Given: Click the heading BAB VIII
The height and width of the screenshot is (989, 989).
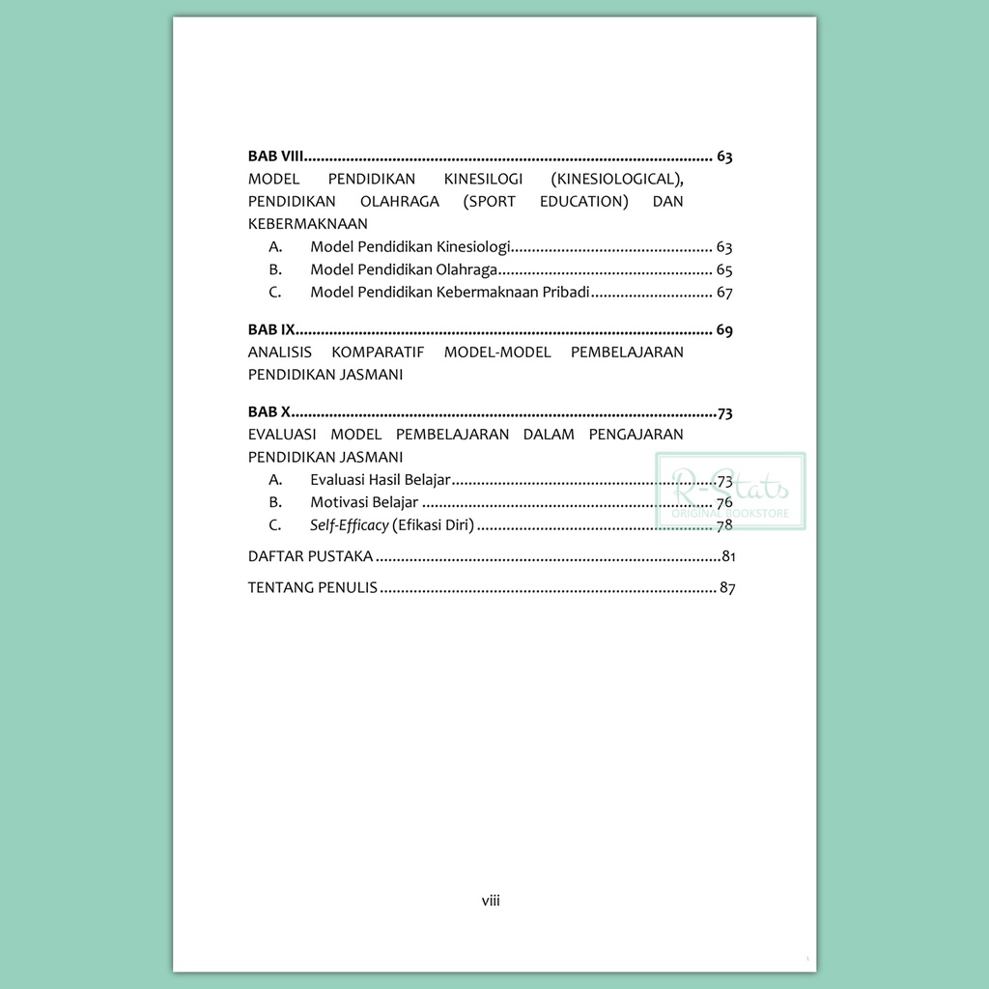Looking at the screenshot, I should [276, 156].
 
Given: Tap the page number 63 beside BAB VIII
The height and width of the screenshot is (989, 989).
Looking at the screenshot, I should [724, 156].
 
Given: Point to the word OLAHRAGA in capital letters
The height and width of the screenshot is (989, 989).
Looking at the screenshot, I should [399, 201].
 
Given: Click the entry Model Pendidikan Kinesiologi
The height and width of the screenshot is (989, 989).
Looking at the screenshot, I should [410, 247].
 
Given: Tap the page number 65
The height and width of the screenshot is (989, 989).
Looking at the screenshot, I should [724, 269].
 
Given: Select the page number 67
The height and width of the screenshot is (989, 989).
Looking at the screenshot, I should [724, 292].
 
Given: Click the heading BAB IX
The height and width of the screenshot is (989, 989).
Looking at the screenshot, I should [271, 330].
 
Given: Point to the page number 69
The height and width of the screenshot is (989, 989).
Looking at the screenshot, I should [724, 330].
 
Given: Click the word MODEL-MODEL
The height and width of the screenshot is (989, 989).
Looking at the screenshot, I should [496, 352].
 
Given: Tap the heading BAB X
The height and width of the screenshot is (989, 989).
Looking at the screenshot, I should [269, 413].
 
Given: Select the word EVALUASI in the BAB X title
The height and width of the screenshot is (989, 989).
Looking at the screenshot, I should [282, 435].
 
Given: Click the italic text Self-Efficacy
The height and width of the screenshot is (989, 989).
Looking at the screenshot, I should [349, 525].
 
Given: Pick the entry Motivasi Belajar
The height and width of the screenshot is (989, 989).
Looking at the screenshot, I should [364, 502].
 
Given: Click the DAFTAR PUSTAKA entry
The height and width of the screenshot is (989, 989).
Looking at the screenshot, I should [311, 556].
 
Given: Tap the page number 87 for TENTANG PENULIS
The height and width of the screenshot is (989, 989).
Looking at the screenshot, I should [727, 587].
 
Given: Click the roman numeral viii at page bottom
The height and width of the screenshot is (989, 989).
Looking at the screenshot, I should [491, 900].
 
